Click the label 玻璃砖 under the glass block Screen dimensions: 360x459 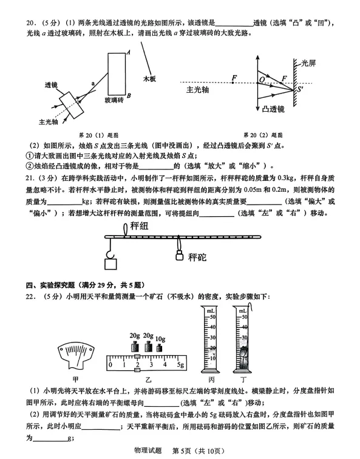114,100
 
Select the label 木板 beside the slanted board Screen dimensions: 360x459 150,78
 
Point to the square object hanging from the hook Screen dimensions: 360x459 110,264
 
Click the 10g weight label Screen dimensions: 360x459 160,338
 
